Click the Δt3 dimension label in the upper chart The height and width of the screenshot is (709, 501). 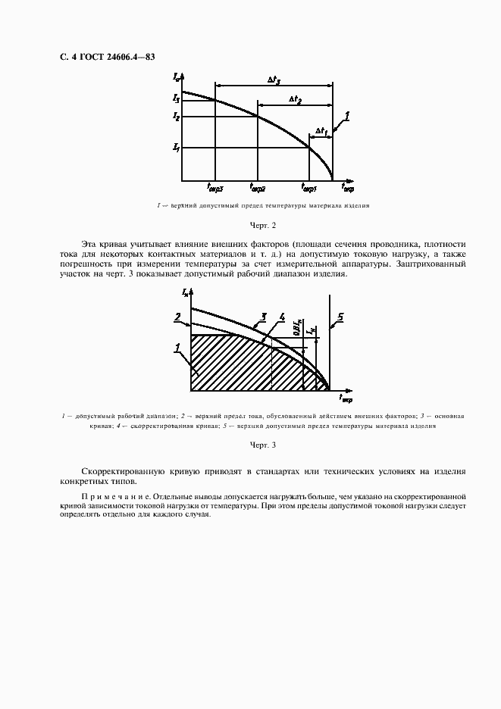(x=274, y=79)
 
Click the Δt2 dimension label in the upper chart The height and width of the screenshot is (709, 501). (x=295, y=99)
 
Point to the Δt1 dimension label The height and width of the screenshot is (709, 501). (x=321, y=130)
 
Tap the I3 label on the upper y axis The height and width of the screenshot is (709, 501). (x=176, y=98)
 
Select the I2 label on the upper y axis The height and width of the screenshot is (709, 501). (x=176, y=117)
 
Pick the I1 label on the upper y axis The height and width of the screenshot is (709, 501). (x=176, y=146)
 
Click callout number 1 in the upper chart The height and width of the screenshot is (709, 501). (x=346, y=115)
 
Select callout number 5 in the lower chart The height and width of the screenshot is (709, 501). (x=341, y=317)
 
